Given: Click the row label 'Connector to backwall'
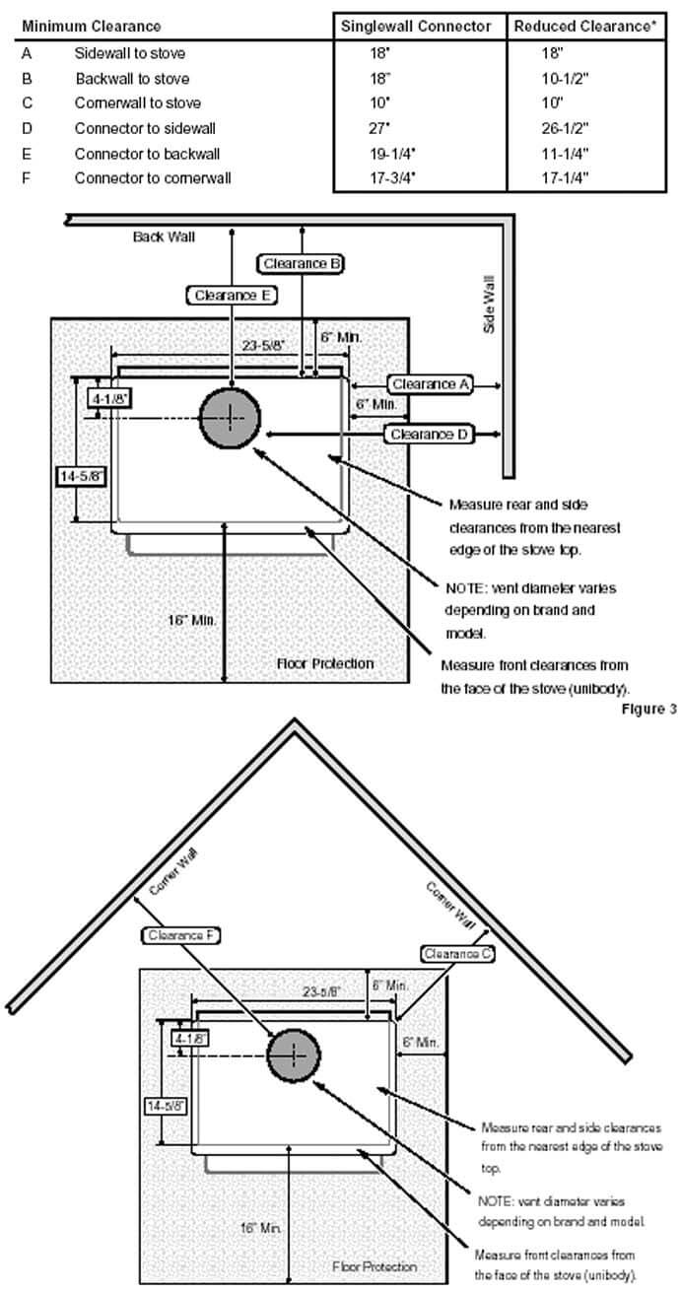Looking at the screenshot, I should click(x=147, y=154).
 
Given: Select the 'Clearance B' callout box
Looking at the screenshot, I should click(x=302, y=263).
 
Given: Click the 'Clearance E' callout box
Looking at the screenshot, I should click(x=231, y=295).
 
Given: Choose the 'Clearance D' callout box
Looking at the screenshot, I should click(x=431, y=434).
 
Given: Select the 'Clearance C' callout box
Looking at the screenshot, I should click(x=458, y=954).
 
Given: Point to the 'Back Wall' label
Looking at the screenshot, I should click(x=165, y=237).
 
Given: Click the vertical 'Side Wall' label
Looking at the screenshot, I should click(x=488, y=304).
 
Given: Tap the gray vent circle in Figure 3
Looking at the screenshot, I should click(x=231, y=418).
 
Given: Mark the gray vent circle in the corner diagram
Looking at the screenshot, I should click(x=294, y=1055).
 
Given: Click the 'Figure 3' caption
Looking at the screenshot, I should click(x=648, y=710).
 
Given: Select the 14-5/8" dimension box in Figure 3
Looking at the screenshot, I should click(x=81, y=475).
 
